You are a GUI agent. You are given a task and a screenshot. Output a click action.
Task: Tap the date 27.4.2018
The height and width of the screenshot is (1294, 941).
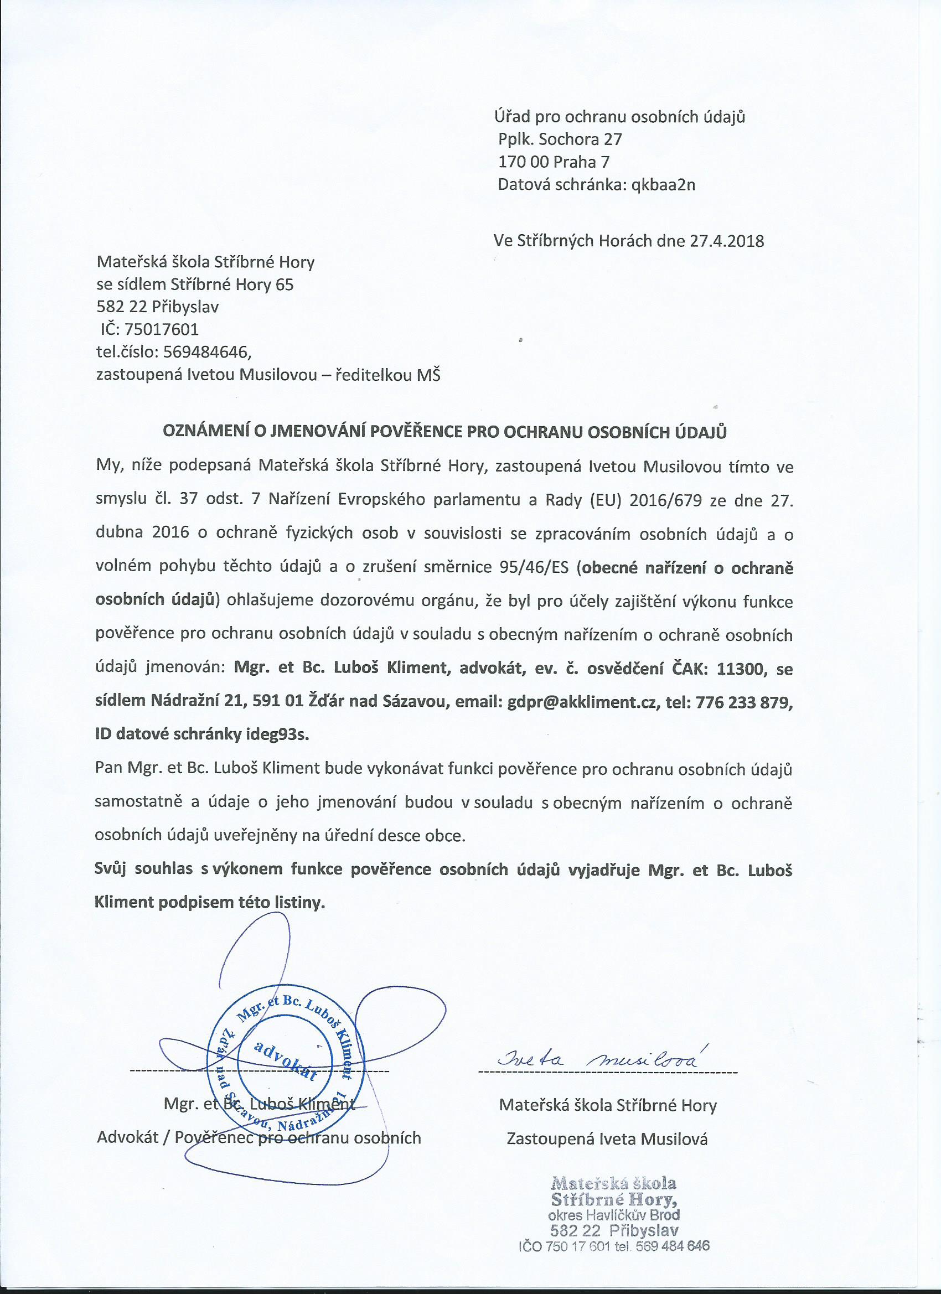[726, 241]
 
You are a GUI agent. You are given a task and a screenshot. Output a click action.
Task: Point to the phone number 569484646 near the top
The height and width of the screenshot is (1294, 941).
[206, 352]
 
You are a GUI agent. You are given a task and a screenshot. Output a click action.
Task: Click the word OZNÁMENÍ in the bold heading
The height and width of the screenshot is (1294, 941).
[203, 431]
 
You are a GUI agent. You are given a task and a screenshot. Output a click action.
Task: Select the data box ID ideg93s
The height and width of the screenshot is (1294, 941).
[280, 735]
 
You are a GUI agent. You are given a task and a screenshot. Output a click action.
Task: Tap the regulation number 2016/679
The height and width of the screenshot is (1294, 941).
[665, 501]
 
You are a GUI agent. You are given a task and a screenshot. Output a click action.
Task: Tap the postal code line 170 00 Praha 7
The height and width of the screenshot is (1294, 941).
[554, 162]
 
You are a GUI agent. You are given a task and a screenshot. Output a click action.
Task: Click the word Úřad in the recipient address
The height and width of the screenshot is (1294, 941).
[511, 117]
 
